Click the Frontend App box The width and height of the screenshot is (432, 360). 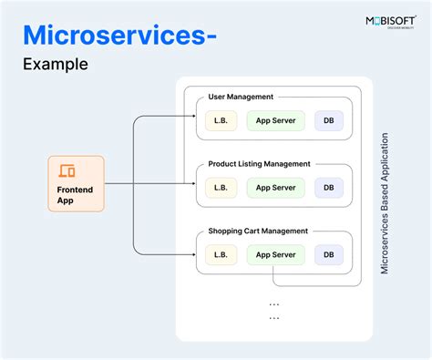coord(76,183)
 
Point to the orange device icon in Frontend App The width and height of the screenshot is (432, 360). coord(67,170)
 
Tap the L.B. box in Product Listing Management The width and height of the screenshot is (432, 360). coord(220,187)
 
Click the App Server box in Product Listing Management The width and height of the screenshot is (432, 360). coord(275,187)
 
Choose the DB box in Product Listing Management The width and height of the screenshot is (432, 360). coord(329,187)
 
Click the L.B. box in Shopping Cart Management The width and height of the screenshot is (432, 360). coord(220,254)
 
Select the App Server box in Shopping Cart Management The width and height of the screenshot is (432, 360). coord(275,254)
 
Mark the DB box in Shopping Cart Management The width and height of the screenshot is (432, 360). coord(329,254)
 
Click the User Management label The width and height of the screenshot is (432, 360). coord(241,97)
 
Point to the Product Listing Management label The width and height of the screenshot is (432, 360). coord(259,164)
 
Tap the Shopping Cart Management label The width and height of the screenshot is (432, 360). coord(258,231)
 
